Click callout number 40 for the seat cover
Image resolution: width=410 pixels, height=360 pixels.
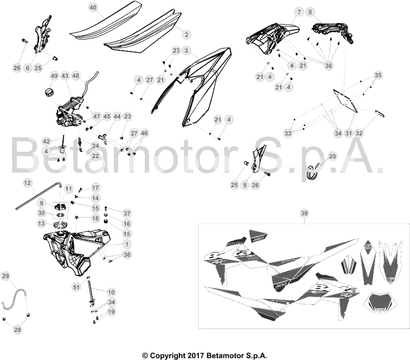point(93,7)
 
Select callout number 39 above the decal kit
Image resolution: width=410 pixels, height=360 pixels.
point(304,213)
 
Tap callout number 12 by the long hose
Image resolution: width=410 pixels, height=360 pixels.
point(28,183)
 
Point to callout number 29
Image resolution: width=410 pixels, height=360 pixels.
point(6,276)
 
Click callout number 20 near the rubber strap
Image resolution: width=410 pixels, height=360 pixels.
point(332,156)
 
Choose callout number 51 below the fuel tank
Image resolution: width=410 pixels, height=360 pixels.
point(76,287)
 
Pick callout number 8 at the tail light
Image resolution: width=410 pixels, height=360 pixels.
point(310,12)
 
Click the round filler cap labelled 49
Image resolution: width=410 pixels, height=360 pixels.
point(49,92)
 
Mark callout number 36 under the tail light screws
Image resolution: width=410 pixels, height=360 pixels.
point(329,66)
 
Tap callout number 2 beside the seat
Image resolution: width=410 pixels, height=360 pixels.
point(186,34)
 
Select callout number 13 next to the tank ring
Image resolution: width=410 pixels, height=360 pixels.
point(42,224)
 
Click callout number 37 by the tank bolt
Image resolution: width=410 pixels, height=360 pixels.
point(127,213)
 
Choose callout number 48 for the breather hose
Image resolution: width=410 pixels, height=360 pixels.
point(75,76)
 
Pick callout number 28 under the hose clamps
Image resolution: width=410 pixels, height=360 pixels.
point(17,330)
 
